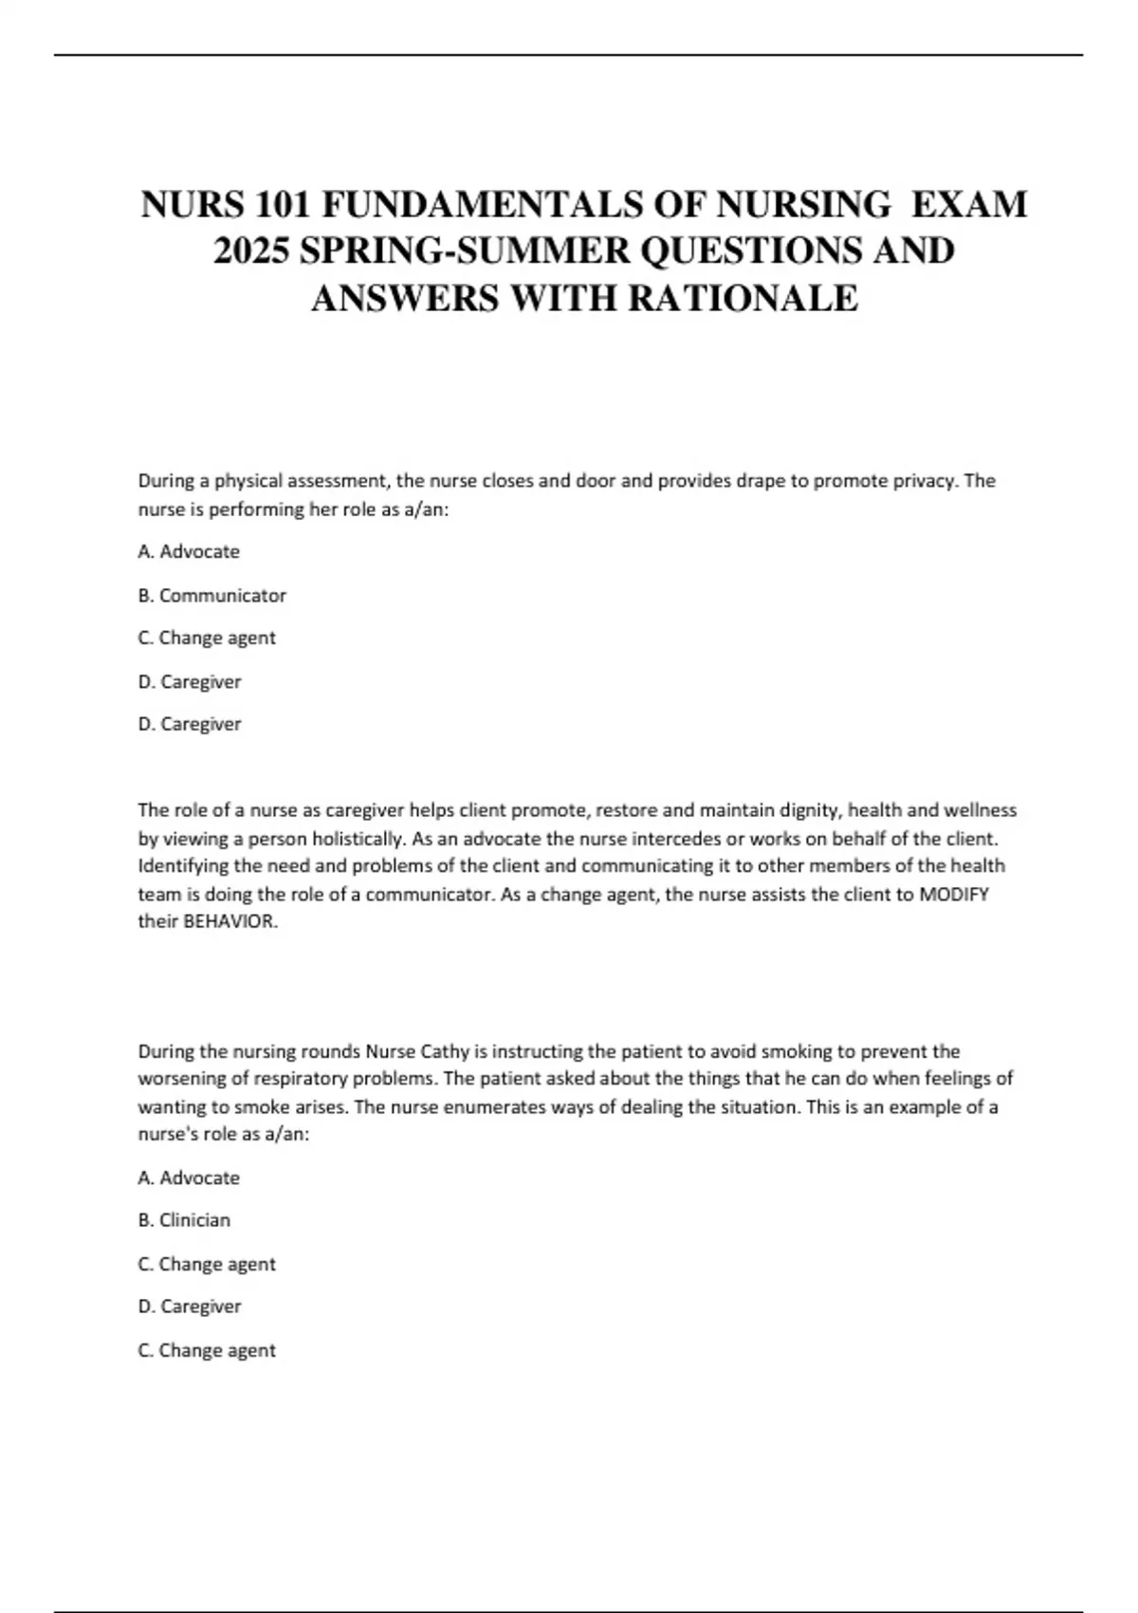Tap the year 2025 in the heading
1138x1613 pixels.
click(x=249, y=251)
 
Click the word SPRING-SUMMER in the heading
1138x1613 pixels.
click(x=464, y=251)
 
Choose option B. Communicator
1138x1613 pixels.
click(x=211, y=595)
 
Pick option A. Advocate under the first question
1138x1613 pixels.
click(x=189, y=551)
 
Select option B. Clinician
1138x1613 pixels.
click(x=184, y=1220)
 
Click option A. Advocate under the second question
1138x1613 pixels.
click(x=189, y=1177)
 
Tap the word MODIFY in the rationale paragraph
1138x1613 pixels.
click(x=954, y=894)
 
